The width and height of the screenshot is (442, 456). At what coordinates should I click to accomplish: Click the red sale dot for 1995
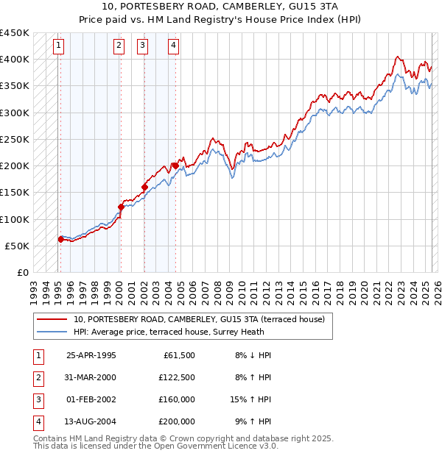(60, 239)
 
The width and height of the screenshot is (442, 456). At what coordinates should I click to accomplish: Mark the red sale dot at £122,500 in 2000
(120, 207)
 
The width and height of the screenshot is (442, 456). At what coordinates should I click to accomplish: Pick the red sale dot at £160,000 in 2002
(144, 187)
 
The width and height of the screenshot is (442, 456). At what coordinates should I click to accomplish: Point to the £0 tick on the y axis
(24, 272)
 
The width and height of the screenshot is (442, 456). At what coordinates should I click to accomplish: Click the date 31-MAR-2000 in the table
(91, 377)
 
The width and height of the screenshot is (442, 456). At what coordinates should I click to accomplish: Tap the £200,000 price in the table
(177, 421)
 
